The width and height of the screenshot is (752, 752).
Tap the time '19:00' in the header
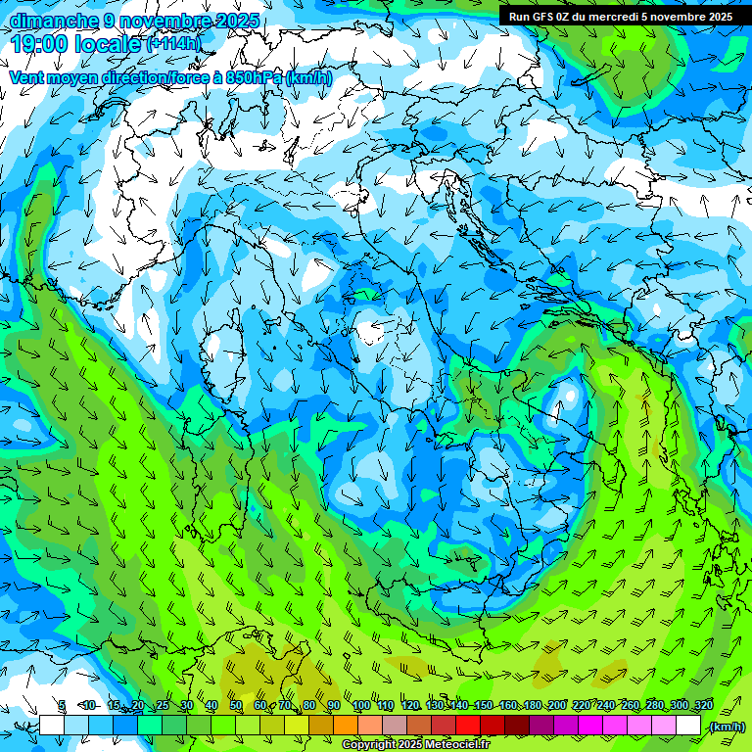(39, 43)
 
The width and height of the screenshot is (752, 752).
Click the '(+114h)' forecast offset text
(173, 43)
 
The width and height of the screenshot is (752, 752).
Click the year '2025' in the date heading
(238, 21)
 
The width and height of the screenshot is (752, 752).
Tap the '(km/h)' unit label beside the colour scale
(727, 726)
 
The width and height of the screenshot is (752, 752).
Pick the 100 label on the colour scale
(361, 706)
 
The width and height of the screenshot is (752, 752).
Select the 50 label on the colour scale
(236, 706)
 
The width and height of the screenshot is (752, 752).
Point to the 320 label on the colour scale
(703, 706)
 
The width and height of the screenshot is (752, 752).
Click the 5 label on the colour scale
(63, 706)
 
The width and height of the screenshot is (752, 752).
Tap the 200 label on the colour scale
(557, 706)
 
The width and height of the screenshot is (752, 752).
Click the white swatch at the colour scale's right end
(688, 725)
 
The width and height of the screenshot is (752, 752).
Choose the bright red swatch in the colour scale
(468, 725)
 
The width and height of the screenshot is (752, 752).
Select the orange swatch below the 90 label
(346, 725)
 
